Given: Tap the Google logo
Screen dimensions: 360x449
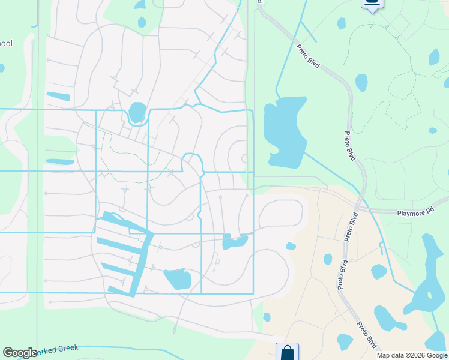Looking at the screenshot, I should click(20, 353).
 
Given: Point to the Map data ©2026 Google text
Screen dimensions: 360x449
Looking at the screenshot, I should click(412, 355).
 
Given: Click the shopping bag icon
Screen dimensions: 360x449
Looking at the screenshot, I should click(287, 352).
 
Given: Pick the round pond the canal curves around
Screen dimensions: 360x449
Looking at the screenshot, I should click(137, 112).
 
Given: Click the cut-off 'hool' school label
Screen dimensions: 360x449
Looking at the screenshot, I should click(6, 44).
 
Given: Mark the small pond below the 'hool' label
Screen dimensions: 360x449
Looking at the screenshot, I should click(1, 68).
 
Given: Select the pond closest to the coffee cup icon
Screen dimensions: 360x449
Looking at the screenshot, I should click(341, 23).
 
